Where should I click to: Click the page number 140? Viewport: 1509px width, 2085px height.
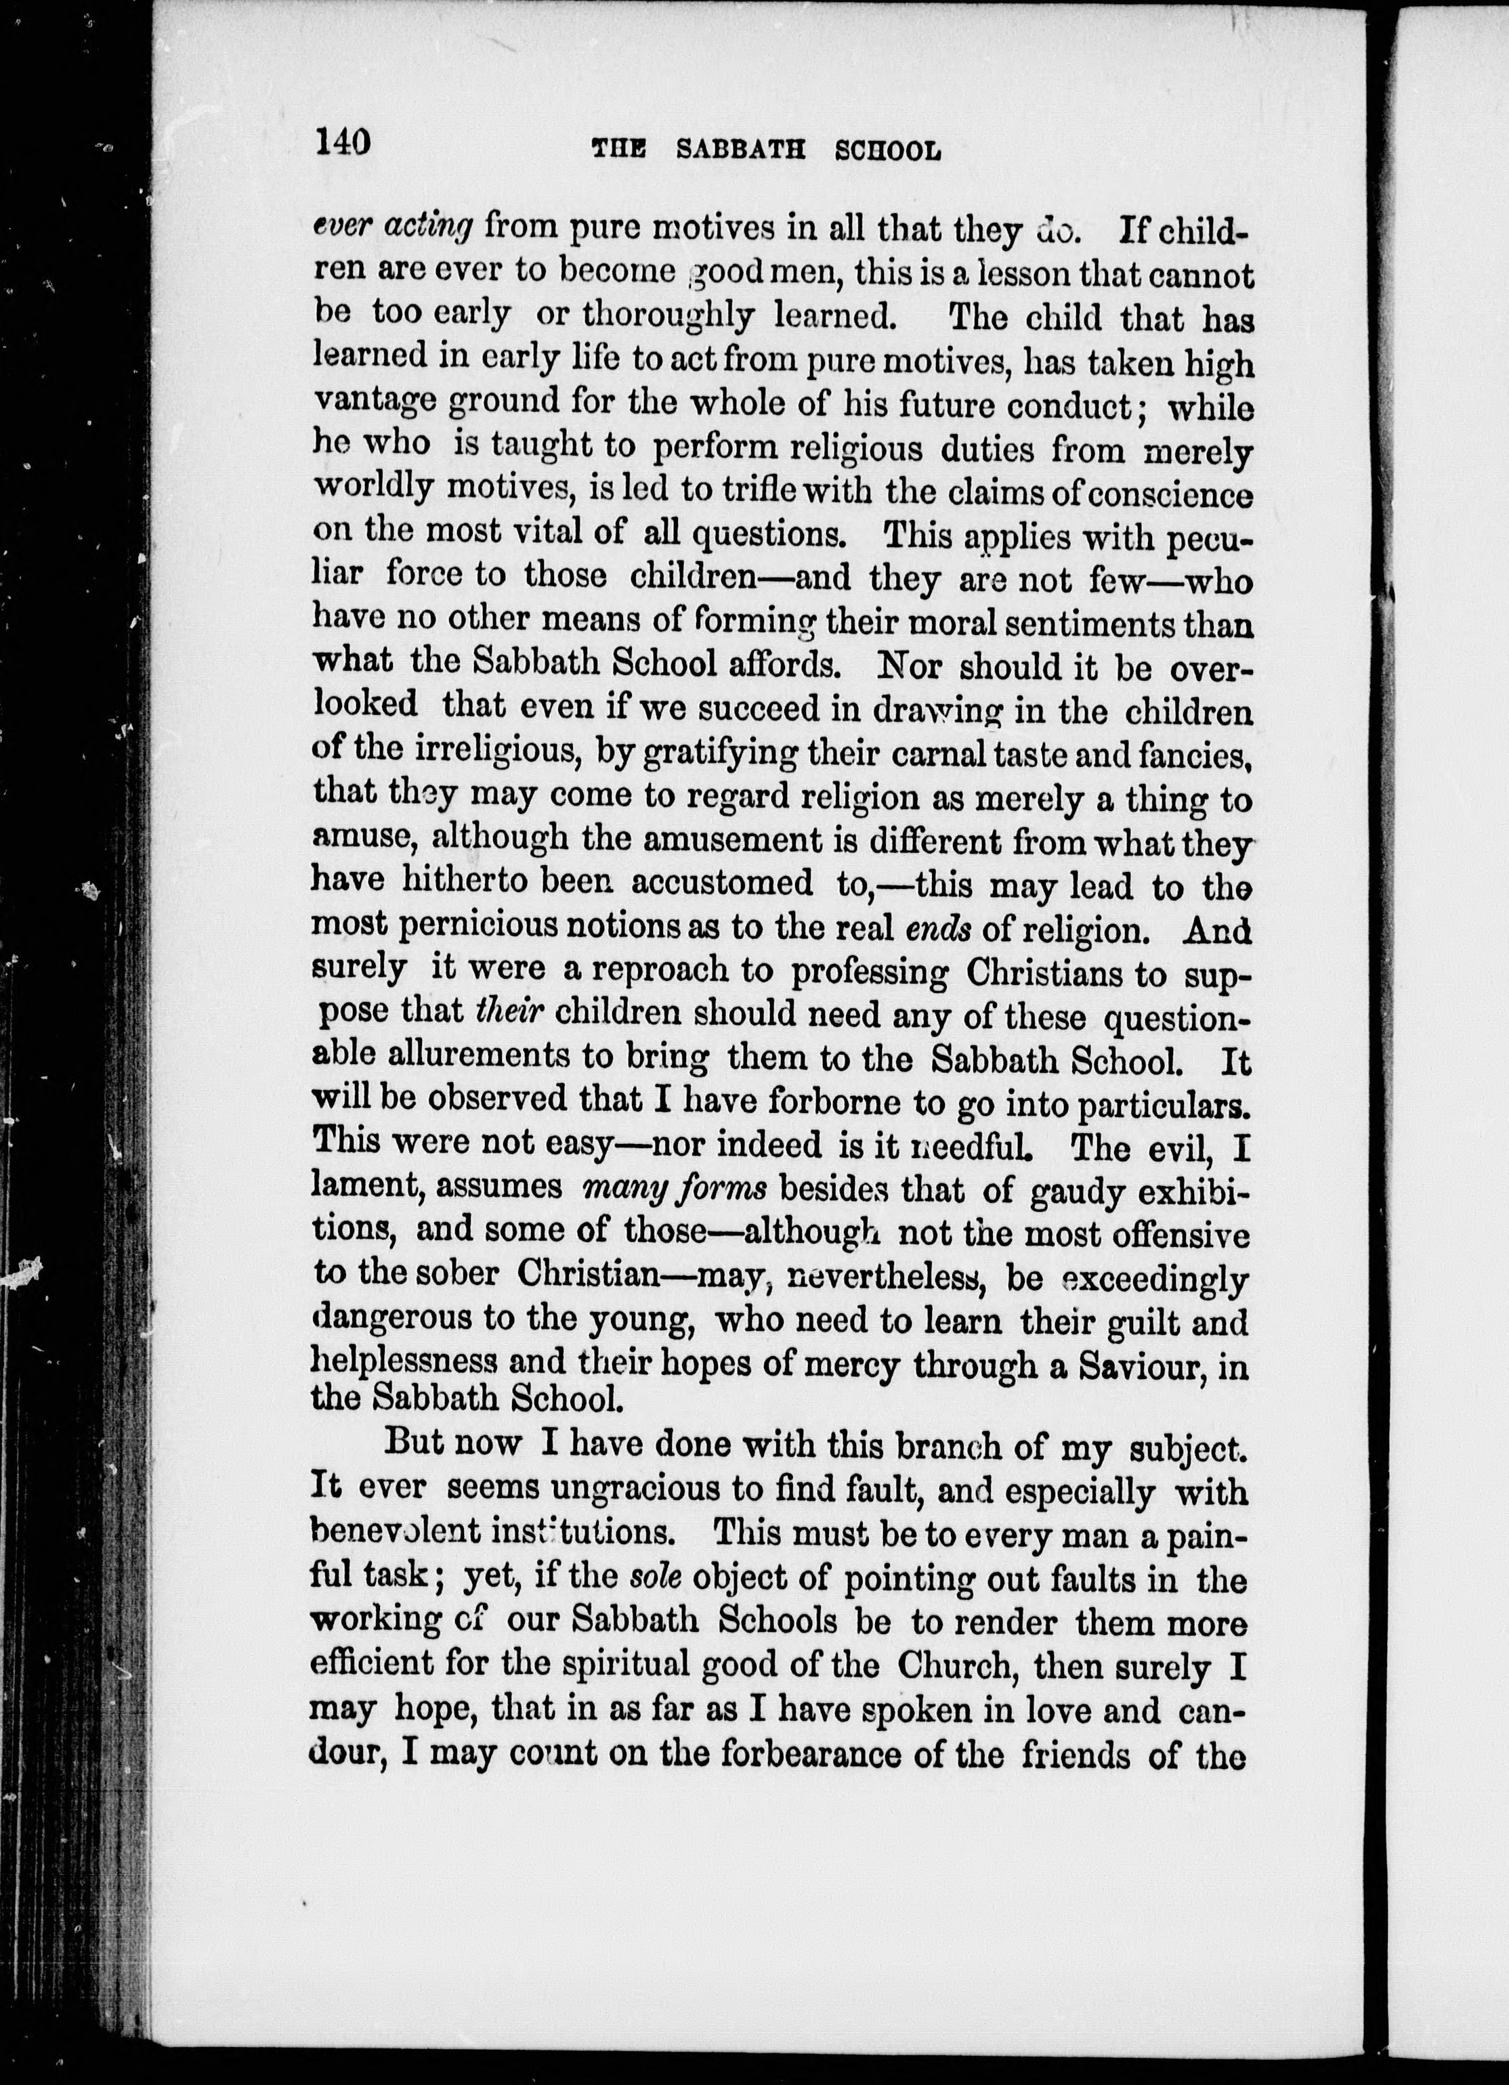point(342,144)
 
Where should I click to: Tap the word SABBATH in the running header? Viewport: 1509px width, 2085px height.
point(740,150)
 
